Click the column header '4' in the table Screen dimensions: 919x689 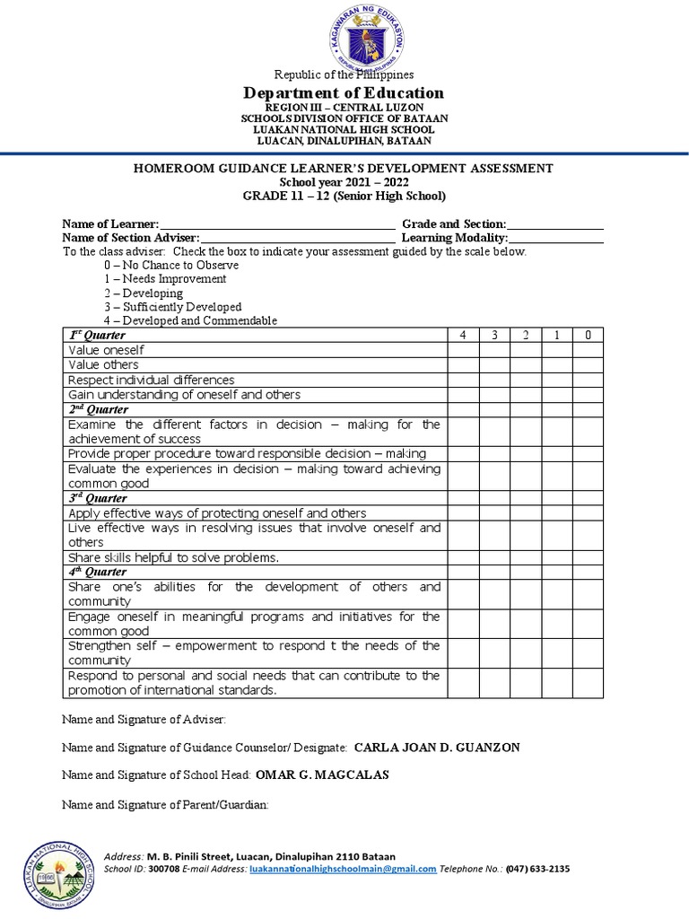coord(463,335)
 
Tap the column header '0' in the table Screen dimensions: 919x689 coord(588,335)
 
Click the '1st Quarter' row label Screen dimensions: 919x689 coord(98,335)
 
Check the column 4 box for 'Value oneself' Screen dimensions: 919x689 coord(463,350)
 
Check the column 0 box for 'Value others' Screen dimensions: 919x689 coord(588,365)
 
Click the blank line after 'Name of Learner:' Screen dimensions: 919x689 coord(277,223)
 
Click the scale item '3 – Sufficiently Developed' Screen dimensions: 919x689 coord(172,307)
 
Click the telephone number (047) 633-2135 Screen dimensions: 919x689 coord(537,869)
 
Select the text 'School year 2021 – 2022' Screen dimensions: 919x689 coord(344,182)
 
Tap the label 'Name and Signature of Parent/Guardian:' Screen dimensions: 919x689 coord(165,805)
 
